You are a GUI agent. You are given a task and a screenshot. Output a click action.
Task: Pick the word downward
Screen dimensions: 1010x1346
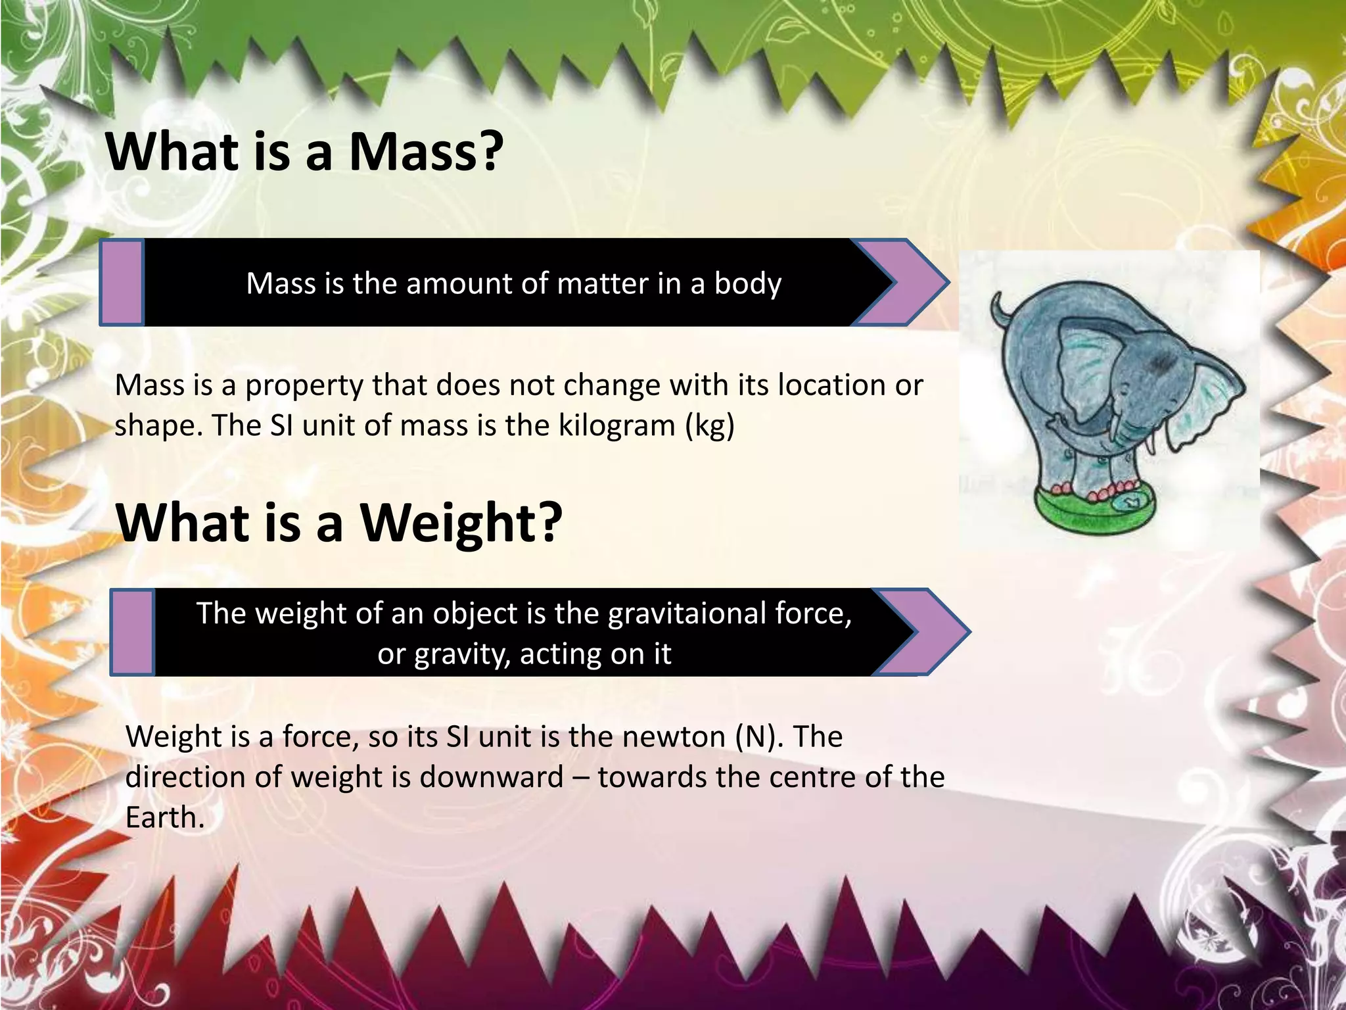pos(492,777)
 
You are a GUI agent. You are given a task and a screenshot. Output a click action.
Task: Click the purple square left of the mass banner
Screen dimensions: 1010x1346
pos(122,282)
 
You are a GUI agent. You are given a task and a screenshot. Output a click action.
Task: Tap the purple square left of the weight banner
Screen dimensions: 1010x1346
pos(133,632)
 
